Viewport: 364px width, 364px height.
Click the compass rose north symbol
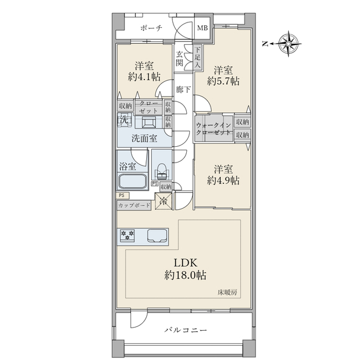[x=288, y=44]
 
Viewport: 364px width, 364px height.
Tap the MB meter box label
[x=203, y=28]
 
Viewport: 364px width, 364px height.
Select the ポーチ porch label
[x=151, y=28]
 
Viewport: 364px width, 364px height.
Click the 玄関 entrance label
[x=179, y=58]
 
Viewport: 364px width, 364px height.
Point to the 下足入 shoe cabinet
[x=197, y=57]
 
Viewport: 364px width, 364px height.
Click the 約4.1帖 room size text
[x=144, y=76]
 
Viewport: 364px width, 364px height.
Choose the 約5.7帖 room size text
[x=223, y=81]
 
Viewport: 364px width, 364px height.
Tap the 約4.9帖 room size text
[x=223, y=180]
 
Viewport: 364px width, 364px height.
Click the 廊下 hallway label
[x=183, y=89]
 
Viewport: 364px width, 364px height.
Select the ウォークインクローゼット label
[x=214, y=129]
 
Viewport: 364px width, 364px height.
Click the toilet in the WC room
[x=162, y=171]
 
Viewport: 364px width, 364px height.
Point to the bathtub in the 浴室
[x=132, y=181]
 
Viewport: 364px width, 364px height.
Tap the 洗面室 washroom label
[x=144, y=138]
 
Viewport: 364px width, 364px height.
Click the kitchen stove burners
[x=127, y=235]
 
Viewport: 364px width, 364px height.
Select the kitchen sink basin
[x=157, y=236]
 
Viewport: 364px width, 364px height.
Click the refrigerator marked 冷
[x=164, y=201]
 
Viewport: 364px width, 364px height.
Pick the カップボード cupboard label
[x=134, y=206]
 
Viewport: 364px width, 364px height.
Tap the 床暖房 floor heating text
[x=227, y=292]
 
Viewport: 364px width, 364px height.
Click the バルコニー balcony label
[x=186, y=330]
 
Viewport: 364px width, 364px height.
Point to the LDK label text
[x=186, y=263]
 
